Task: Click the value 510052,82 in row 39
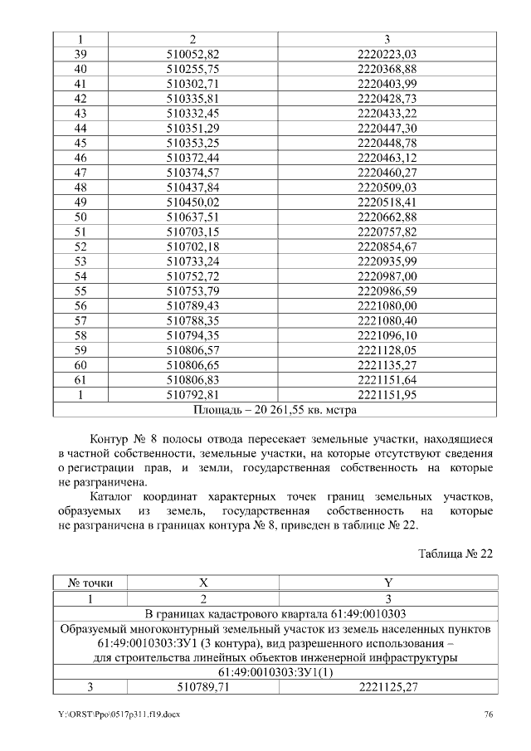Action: click(192, 53)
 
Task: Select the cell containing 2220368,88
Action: click(386, 69)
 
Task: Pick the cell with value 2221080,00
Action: click(386, 306)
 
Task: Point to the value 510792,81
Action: click(192, 394)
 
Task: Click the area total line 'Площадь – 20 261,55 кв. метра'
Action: click(275, 409)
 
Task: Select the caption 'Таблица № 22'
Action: click(455, 553)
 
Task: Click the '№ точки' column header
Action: click(90, 583)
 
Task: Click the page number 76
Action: click(489, 714)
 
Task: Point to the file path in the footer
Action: click(118, 714)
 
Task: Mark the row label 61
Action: click(80, 379)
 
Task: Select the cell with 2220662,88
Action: click(386, 217)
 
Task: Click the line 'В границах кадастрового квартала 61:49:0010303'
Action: click(275, 613)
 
